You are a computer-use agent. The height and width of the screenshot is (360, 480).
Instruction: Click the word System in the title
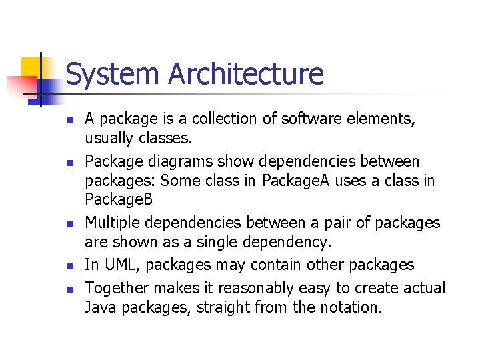pyautogui.click(x=113, y=74)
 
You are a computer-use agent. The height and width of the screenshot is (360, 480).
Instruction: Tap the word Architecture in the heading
pyautogui.click(x=246, y=74)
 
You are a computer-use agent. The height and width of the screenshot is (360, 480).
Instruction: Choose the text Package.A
pyautogui.click(x=295, y=181)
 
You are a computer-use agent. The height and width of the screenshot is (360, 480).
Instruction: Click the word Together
pyautogui.click(x=117, y=288)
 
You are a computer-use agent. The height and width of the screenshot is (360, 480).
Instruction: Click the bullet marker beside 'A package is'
pyautogui.click(x=70, y=121)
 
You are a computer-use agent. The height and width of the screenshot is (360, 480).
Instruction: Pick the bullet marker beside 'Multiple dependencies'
pyautogui.click(x=70, y=224)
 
